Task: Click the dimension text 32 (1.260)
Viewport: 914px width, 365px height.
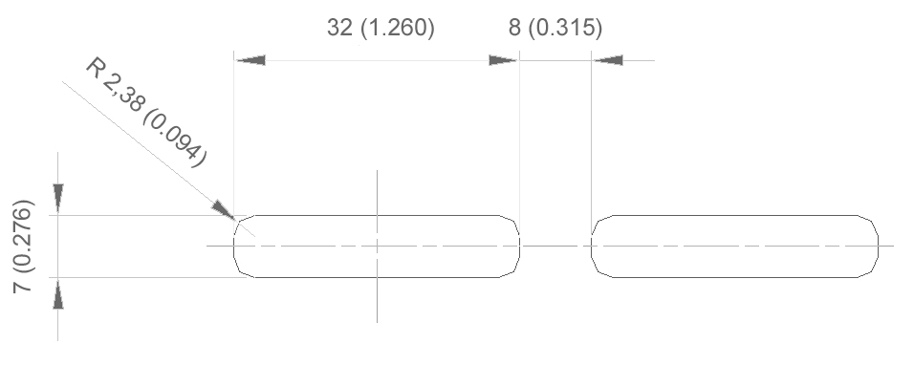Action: coord(381,28)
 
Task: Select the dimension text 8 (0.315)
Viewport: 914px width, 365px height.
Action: coord(555,28)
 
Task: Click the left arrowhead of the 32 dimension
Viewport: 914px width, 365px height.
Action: coord(250,60)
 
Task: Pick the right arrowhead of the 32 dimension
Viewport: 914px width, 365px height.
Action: coord(502,60)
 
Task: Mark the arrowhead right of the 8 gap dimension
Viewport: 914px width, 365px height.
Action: coord(608,60)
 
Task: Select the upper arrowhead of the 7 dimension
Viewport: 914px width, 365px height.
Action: coord(58,198)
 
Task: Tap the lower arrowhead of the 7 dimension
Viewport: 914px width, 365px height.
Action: coord(58,293)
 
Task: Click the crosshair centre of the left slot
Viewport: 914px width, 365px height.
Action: coord(377,246)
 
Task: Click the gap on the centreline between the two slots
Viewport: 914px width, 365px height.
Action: coord(555,246)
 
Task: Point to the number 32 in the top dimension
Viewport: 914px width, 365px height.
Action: coord(339,28)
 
